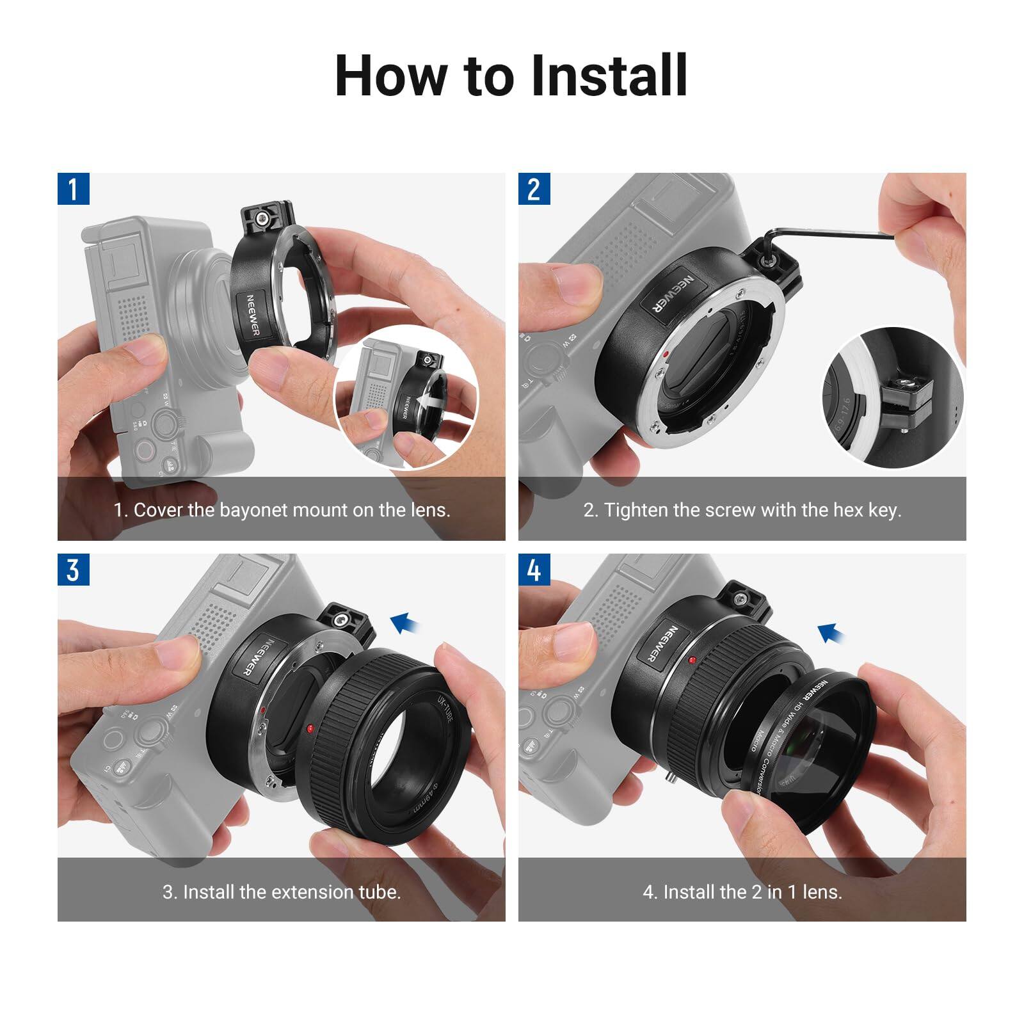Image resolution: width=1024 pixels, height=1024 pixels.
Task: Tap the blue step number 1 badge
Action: pos(73,189)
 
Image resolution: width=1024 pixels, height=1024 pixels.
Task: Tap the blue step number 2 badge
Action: pos(534,189)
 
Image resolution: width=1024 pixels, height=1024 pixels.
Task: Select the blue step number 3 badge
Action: pos(73,570)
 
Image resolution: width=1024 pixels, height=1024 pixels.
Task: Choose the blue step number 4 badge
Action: pos(534,570)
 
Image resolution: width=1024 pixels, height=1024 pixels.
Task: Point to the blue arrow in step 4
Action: pos(831,632)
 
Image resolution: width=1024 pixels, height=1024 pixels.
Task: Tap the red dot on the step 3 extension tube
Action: pos(310,729)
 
